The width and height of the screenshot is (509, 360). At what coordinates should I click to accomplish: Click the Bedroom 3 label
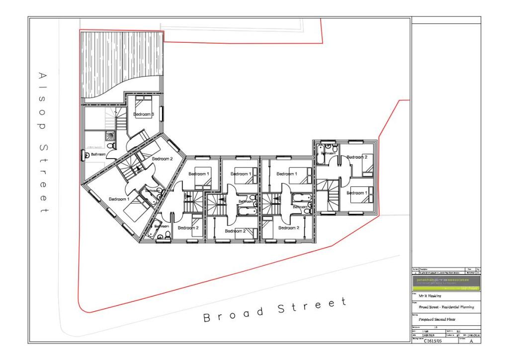click(x=143, y=114)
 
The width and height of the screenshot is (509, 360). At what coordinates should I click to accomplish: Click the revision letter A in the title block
click(x=472, y=342)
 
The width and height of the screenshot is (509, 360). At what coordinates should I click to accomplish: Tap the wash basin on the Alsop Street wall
click(x=83, y=155)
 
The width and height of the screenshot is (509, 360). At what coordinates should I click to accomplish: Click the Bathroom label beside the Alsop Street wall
click(x=98, y=155)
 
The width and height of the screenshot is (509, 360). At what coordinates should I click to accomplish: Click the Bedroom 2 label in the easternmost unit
click(x=356, y=157)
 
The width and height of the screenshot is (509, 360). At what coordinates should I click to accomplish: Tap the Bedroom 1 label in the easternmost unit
click(x=356, y=192)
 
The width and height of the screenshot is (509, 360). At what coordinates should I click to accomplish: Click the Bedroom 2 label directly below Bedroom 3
click(x=162, y=159)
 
